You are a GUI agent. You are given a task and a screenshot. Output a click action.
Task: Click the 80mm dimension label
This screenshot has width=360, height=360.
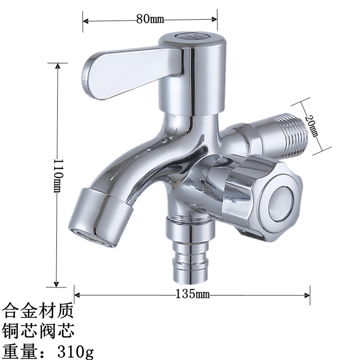pos(150,19)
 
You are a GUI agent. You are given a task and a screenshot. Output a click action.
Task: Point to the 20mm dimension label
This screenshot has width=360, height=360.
pos(311,126)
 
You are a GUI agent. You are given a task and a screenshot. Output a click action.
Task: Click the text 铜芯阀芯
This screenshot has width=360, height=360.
pos(38,330)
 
